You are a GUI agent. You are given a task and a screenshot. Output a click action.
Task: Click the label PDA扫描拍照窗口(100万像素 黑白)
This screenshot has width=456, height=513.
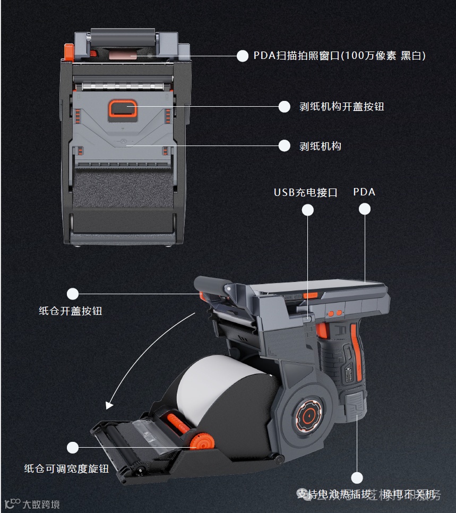tap(339, 56)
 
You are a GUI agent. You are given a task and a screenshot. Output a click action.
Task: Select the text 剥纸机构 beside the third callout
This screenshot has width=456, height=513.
tap(320, 146)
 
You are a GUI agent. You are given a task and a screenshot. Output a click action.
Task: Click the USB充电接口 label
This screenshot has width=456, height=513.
tap(305, 192)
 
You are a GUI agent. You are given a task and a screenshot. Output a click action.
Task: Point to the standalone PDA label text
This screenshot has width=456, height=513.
tap(364, 192)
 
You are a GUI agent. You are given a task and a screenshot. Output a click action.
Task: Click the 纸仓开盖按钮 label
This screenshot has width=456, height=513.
tap(70, 311)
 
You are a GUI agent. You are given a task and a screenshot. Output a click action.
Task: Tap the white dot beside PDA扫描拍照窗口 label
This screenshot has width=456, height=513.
tap(243, 56)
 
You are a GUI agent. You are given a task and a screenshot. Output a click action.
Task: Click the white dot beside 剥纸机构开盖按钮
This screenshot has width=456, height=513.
tap(285, 107)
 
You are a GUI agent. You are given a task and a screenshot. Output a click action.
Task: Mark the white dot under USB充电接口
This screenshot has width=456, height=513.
tap(307, 210)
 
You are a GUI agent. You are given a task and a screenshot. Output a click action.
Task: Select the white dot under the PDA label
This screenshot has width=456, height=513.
tap(364, 209)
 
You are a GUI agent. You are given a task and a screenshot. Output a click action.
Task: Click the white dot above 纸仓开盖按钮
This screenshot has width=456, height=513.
tap(73, 294)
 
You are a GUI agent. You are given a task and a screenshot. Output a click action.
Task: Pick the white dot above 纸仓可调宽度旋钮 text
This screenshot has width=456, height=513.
tap(73, 448)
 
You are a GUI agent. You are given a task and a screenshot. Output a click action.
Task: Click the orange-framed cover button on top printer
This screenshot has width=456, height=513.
tap(123, 109)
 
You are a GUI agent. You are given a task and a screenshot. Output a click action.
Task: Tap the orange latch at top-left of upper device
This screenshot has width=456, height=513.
tap(68, 52)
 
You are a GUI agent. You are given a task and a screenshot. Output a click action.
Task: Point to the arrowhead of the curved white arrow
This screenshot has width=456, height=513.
tap(109, 406)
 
